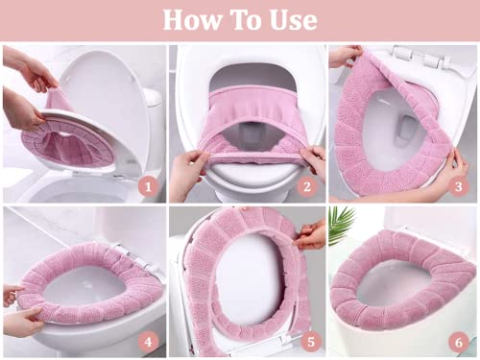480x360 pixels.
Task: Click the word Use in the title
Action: pyautogui.click(x=293, y=19)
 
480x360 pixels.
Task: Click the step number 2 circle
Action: pyautogui.click(x=307, y=185)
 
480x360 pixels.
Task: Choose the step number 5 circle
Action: pyautogui.click(x=307, y=341)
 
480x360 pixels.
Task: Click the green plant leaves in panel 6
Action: pyautogui.click(x=342, y=225)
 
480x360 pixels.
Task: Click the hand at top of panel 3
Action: pyautogui.click(x=344, y=56)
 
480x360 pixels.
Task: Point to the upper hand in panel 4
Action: pyautogui.click(x=12, y=294)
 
